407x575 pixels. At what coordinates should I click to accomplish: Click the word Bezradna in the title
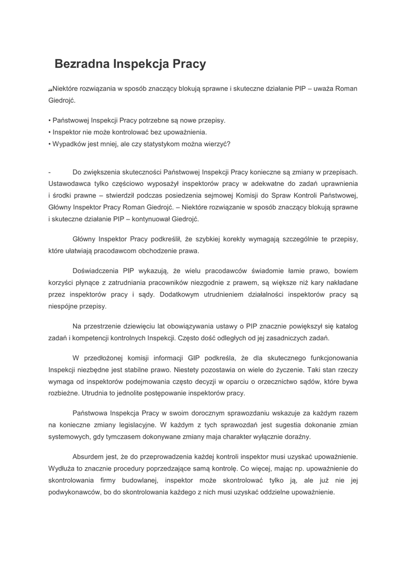(x=82, y=64)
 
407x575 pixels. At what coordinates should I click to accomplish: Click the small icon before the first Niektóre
(x=50, y=90)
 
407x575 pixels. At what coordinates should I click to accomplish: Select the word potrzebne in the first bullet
(x=155, y=120)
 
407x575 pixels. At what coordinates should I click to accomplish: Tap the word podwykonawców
(x=75, y=492)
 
